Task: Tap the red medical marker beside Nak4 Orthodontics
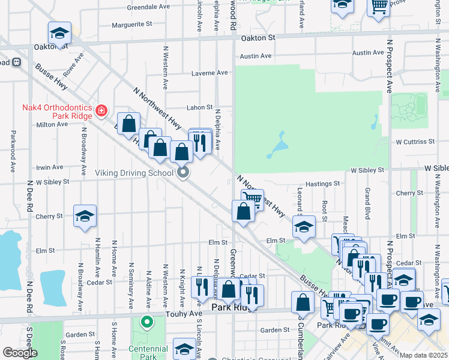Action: coord(100,111)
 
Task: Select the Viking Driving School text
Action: coord(135,173)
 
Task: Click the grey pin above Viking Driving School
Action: coord(184,173)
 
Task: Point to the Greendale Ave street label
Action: coord(148,7)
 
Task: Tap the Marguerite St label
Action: coord(132,25)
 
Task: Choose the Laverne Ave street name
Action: coord(209,73)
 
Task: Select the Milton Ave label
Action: coord(52,124)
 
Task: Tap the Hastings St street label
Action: coord(322,184)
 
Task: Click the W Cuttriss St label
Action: coord(414,142)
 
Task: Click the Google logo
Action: coord(20,353)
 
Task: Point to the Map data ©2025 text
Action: coord(424,355)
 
